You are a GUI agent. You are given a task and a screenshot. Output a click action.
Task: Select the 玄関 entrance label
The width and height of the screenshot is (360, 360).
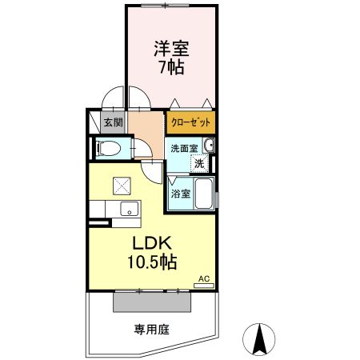(113, 122)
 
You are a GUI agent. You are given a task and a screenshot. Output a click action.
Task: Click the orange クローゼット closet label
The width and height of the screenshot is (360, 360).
(191, 122)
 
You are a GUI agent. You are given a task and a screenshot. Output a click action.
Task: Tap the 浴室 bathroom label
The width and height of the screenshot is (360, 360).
(180, 193)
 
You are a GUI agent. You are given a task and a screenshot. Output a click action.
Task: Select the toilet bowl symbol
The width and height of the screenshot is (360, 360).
(106, 148)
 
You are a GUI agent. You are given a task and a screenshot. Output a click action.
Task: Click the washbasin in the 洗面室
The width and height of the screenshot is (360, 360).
(210, 145)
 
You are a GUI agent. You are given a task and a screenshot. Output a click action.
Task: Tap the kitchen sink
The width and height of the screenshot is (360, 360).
(128, 210)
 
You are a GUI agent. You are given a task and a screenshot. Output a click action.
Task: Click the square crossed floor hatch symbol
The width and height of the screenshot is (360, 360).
(122, 185)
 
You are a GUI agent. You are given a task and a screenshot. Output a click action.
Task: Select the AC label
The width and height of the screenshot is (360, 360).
(204, 278)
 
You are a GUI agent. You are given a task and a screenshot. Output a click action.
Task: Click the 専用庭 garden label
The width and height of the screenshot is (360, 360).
(151, 329)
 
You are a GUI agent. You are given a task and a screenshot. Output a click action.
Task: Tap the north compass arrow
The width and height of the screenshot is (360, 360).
(260, 338)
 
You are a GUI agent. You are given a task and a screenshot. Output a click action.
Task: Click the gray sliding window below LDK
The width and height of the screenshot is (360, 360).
(153, 302)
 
